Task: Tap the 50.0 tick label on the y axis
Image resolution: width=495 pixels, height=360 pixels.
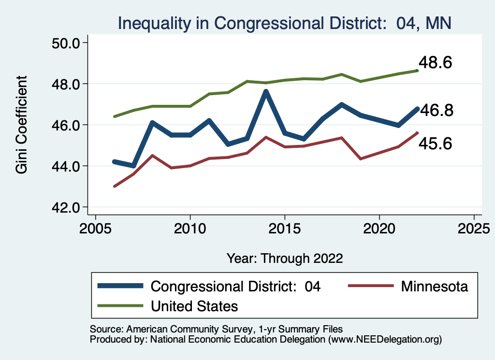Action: click(66, 43)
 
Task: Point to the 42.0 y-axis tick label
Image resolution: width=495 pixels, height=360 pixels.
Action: click(66, 207)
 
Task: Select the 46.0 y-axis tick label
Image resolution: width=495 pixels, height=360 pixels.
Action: click(66, 125)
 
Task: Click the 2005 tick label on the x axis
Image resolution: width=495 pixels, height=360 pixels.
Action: click(95, 227)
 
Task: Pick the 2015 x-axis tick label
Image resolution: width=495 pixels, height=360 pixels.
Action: click(285, 227)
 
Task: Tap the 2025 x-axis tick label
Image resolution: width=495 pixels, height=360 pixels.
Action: click(474, 227)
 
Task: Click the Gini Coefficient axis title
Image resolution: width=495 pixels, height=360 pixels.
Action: click(22, 125)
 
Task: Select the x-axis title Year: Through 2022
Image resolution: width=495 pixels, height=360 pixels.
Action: click(285, 258)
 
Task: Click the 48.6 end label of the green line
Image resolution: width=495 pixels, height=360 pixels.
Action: click(435, 63)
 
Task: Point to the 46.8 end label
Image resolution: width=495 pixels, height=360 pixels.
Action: click(436, 111)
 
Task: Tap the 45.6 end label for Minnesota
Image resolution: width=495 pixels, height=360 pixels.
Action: click(436, 143)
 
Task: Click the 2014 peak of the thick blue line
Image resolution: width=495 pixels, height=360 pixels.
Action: click(266, 92)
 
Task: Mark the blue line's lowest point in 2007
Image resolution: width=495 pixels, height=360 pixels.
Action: click(133, 166)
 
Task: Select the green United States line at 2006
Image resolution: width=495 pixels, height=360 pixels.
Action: click(115, 116)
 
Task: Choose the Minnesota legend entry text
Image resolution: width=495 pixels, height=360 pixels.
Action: click(434, 287)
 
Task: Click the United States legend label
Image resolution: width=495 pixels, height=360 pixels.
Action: click(194, 306)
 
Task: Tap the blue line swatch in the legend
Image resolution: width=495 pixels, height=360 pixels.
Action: click(120, 286)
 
